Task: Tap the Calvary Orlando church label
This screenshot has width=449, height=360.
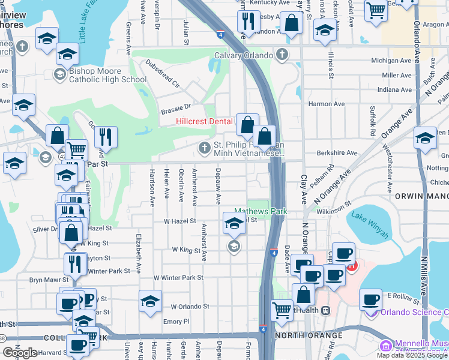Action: [x=245, y=56]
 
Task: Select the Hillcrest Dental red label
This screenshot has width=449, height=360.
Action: [x=204, y=121]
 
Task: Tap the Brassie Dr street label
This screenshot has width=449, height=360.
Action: [x=175, y=108]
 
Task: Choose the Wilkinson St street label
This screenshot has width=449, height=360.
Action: [x=335, y=208]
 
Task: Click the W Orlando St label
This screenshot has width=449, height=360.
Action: [x=190, y=306]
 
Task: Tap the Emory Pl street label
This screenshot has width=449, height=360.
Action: [x=176, y=321]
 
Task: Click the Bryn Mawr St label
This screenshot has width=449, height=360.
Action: [x=46, y=280]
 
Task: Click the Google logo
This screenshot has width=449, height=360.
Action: [x=20, y=353]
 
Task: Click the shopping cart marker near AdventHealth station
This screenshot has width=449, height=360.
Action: [x=282, y=310]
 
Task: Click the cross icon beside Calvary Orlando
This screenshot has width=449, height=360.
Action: [x=282, y=56]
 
